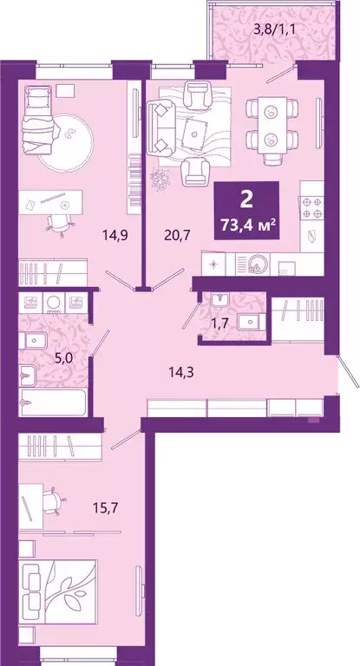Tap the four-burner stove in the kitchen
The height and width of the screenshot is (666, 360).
(311, 207)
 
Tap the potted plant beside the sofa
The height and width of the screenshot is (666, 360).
(162, 178)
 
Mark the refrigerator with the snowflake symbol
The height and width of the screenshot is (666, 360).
(213, 260)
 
